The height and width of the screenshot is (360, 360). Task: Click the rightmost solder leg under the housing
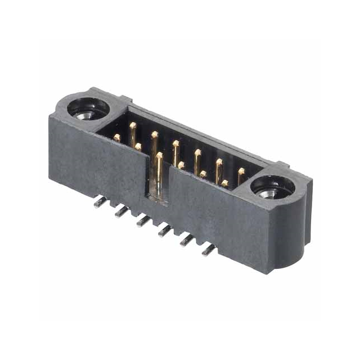(x=209, y=249)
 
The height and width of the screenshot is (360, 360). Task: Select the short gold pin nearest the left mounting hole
(x=116, y=137)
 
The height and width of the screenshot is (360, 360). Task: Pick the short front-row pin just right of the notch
(x=181, y=165)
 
